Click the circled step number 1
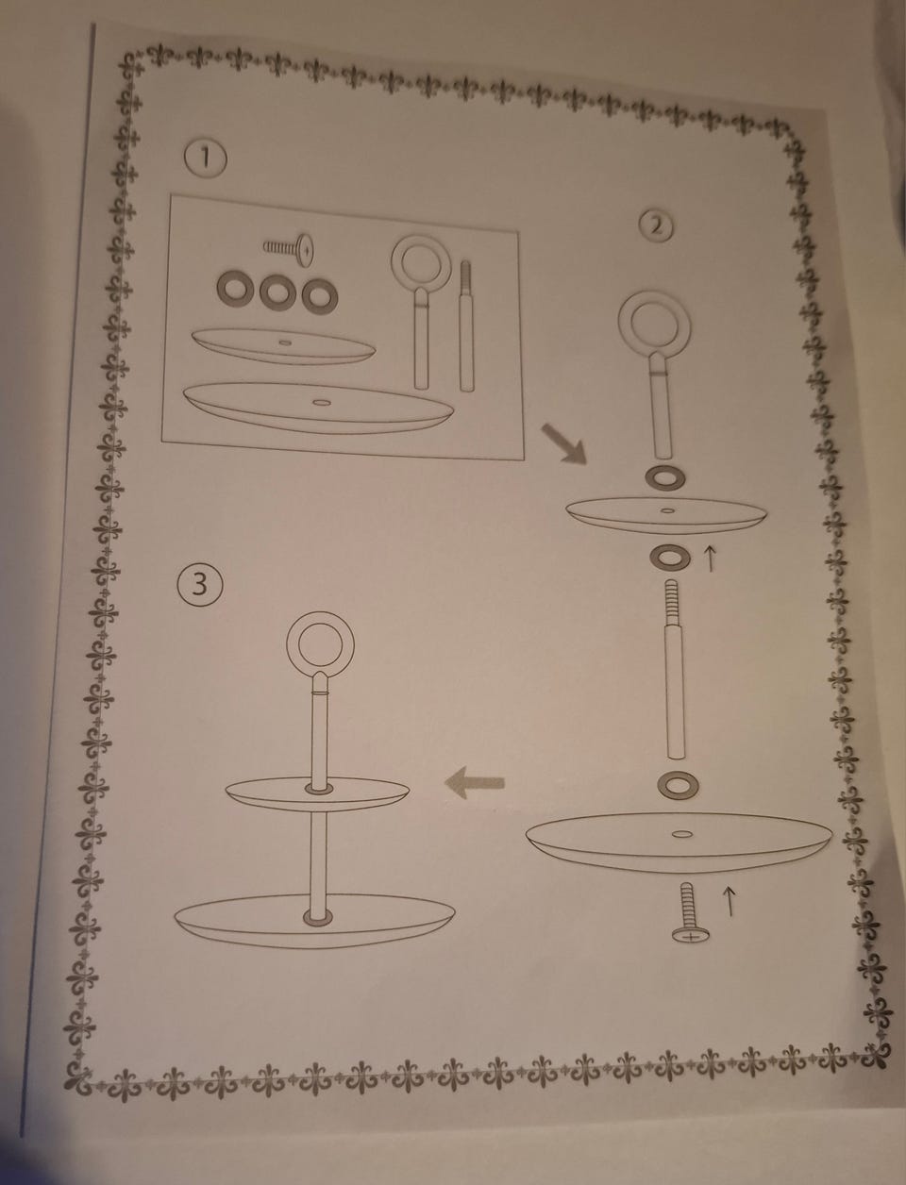205,159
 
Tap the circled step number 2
656,226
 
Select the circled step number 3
199,584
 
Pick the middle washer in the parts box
277,292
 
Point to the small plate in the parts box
283,345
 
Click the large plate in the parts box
319,408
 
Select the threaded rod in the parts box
467,325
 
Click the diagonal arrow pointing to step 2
564,442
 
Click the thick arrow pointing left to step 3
474,783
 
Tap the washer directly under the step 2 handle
665,478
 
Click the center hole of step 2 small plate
667,510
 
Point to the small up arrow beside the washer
711,559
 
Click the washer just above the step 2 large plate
678,786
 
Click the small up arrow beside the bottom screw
729,902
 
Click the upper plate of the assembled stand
317,794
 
